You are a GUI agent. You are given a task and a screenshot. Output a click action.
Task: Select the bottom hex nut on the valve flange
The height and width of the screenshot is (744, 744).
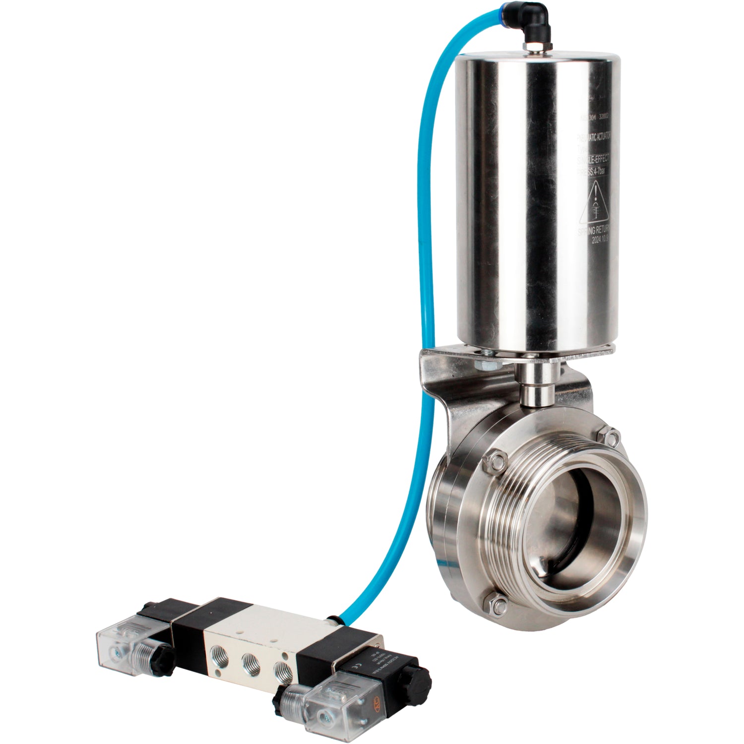(499, 605)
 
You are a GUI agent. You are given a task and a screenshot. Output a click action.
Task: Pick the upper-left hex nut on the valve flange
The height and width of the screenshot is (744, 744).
(496, 461)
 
